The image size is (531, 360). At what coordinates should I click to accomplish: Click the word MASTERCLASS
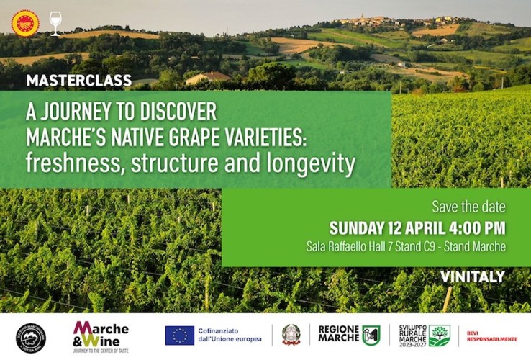point(79,80)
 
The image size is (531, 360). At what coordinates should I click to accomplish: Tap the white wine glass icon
point(55,23)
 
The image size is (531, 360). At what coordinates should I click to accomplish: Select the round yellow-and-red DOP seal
point(25,22)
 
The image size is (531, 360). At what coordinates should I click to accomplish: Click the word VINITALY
point(473,276)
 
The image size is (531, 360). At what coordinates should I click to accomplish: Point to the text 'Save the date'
point(468,207)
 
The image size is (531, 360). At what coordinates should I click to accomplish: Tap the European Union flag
point(180,336)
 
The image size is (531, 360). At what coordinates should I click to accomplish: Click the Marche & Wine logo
point(101,336)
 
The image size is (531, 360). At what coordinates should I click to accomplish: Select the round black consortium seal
point(31,337)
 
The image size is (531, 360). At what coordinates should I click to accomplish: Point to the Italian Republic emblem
point(291,336)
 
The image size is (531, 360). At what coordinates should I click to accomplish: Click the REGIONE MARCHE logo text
point(339,335)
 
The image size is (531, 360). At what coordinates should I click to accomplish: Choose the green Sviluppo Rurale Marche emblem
point(439,336)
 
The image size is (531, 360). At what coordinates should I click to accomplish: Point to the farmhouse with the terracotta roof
point(208,77)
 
